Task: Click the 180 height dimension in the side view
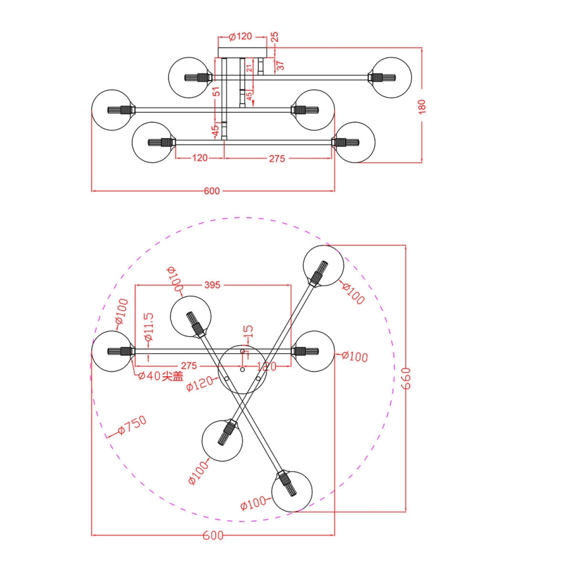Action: coord(423,106)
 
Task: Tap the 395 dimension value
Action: coord(211,285)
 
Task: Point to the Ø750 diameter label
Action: coord(131,426)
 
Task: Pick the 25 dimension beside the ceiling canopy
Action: coord(275,36)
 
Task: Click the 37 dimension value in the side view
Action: coord(279,65)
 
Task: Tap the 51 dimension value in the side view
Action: coord(216,92)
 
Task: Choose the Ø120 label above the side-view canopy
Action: coord(240,36)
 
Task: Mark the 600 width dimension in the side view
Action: coord(211,191)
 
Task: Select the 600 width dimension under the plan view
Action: coord(213,536)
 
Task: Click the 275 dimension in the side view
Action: coord(276,158)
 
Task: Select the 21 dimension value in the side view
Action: coord(250,67)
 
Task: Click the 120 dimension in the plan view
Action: coord(266,366)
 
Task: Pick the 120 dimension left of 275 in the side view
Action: coord(199,158)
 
